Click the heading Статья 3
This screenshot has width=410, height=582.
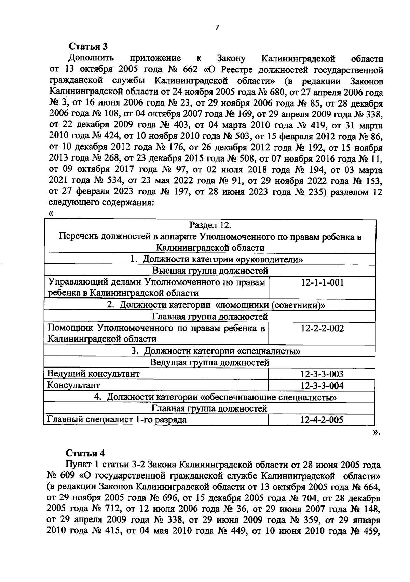88,46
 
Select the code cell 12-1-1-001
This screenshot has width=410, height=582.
322,282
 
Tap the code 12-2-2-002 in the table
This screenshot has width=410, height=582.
322,329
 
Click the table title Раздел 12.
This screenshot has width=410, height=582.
210,225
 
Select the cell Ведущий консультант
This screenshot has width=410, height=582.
93,374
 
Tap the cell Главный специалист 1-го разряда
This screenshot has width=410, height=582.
117,420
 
